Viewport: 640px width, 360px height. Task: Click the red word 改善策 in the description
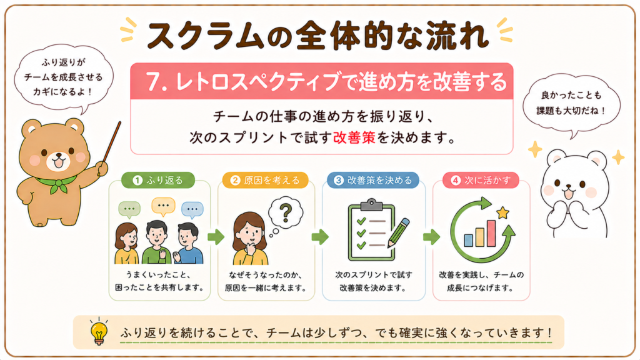coord(354,138)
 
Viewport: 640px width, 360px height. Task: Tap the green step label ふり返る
coord(158,180)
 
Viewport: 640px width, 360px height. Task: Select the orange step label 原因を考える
coord(265,180)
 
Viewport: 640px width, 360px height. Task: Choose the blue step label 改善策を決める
coord(373,180)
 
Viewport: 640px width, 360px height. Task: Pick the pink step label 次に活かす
coord(481,180)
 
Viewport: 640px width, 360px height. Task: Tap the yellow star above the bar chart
coord(502,212)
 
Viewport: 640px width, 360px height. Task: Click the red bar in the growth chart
coord(491,234)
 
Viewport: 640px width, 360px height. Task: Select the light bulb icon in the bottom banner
coord(99,331)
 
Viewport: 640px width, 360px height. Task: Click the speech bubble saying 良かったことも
coord(571,106)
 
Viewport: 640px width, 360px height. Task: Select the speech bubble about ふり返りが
coord(64,78)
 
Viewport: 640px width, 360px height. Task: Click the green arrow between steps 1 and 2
coord(216,237)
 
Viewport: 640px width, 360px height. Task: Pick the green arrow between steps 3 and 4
coord(431,237)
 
